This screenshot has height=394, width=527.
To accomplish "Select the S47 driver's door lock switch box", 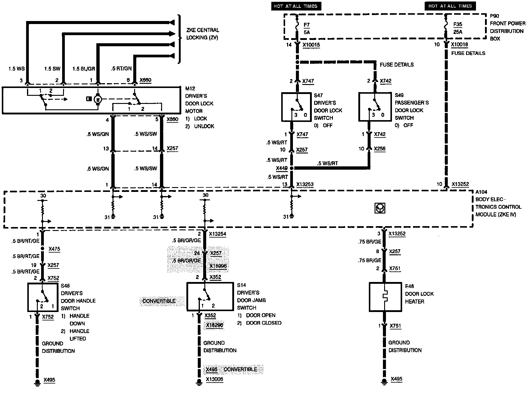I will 296,107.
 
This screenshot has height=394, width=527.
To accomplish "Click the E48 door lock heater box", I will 385,297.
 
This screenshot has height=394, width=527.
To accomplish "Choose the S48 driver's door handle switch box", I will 43,297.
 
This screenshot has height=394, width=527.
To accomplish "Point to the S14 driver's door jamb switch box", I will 210,296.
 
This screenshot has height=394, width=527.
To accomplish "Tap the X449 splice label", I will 282,168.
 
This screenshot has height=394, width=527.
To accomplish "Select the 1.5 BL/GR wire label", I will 84,69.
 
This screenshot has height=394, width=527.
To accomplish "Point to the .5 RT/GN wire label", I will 122,69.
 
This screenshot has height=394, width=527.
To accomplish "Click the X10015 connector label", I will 311,45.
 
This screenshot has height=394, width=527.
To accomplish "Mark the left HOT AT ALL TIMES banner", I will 296,6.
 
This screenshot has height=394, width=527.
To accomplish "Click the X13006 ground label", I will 215,380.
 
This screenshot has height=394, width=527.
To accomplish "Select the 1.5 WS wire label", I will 17,69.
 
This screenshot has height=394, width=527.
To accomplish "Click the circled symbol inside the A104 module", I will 380,208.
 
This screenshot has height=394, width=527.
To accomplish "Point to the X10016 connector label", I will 460,45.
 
